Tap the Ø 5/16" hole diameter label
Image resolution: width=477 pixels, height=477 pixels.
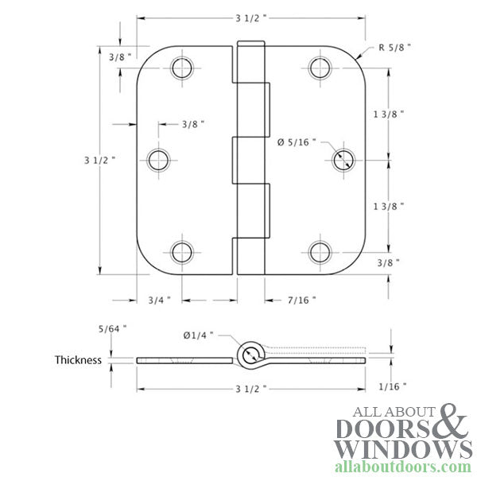point(297,142)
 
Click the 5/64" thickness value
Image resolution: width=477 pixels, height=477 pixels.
point(112,327)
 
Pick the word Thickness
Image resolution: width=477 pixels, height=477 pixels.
point(78,359)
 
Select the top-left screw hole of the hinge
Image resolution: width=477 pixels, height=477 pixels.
point(182,67)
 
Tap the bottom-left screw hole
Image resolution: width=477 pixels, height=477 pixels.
point(182,252)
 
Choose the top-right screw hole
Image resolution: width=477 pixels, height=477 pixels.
point(321,67)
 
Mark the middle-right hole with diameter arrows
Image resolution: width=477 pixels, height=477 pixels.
point(343,159)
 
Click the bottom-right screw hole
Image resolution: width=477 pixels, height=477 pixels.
point(321,252)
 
